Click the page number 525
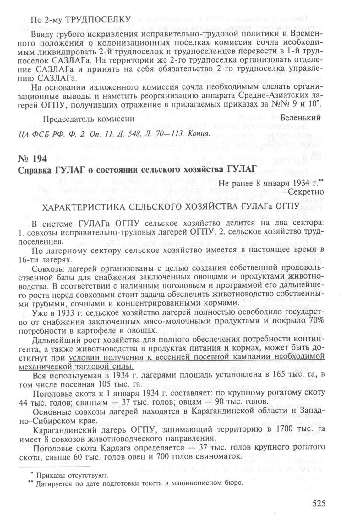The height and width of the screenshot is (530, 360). tap(318, 503)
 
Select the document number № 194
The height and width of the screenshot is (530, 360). tap(33, 159)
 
